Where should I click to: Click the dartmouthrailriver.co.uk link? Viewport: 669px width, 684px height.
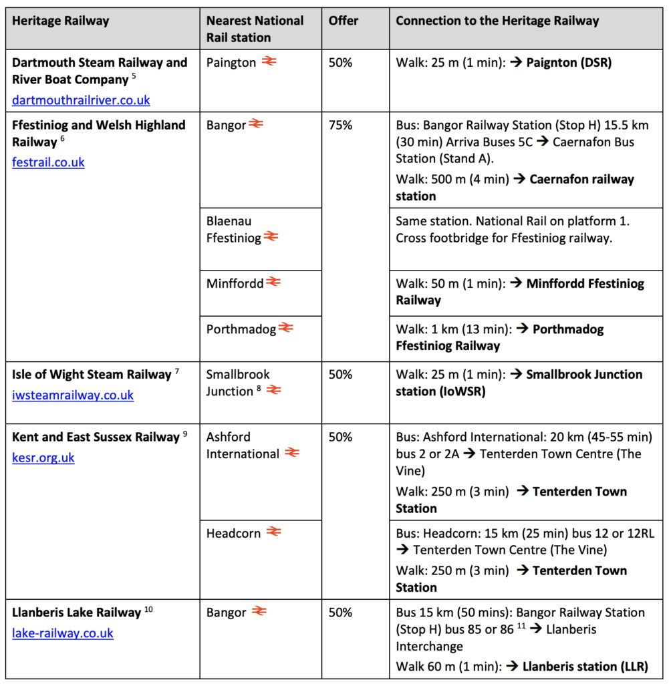point(81,101)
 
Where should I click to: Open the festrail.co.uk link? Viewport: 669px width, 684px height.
point(48,162)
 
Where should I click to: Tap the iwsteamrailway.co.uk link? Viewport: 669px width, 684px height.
point(73,395)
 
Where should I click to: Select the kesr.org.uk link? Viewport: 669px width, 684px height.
point(43,458)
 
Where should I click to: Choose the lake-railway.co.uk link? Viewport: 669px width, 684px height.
point(63,633)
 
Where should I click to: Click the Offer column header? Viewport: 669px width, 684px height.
point(344,21)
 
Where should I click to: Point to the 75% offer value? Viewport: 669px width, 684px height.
point(340,125)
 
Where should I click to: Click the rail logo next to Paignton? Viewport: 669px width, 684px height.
point(269,61)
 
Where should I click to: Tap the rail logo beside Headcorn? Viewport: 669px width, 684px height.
point(273,532)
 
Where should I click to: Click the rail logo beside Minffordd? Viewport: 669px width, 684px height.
point(273,283)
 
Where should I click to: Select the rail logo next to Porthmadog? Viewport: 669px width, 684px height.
point(285,328)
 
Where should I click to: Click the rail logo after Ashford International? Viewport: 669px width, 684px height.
point(291,453)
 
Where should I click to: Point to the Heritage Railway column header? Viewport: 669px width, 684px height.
point(61,21)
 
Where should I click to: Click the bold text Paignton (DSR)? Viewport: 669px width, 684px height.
point(569,63)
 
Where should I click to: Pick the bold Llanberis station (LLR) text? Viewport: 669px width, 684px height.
point(585,666)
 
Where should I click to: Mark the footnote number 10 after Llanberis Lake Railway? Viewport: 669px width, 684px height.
point(148,609)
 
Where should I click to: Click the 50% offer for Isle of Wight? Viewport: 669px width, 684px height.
point(340,375)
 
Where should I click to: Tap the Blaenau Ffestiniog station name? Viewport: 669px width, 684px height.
point(233,229)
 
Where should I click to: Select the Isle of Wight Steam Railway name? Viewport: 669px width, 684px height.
point(92,375)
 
